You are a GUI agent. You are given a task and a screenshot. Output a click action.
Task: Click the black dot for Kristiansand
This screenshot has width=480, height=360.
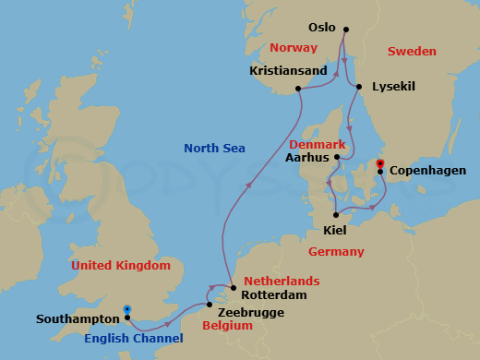click(x=298, y=89)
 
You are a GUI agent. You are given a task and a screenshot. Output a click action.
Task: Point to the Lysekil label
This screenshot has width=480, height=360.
click(x=392, y=87)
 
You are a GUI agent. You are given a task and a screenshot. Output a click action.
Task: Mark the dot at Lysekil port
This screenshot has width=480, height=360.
click(x=359, y=87)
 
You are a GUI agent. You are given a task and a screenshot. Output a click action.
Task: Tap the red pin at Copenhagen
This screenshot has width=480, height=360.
click(x=379, y=162)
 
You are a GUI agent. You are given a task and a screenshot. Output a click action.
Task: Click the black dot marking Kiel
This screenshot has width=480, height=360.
click(x=336, y=214)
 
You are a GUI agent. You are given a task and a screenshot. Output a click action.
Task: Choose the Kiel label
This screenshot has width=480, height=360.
click(x=336, y=229)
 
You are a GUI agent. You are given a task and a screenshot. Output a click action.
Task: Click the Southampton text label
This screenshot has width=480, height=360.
click(x=78, y=319)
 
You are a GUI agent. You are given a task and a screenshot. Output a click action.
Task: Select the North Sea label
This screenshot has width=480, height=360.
click(x=214, y=148)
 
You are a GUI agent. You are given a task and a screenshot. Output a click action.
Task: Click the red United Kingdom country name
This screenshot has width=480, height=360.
click(x=121, y=266)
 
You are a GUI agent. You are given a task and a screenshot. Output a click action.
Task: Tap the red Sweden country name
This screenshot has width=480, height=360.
click(x=412, y=51)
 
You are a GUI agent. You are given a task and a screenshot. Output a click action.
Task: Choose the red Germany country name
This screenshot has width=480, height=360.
click(x=336, y=251)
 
